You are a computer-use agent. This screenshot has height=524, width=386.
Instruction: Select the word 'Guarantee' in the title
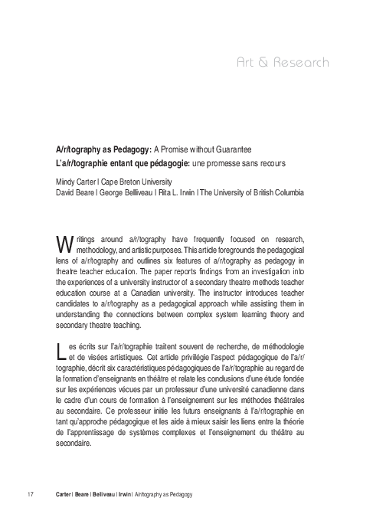(230, 148)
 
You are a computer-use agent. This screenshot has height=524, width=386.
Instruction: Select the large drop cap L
(63, 351)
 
